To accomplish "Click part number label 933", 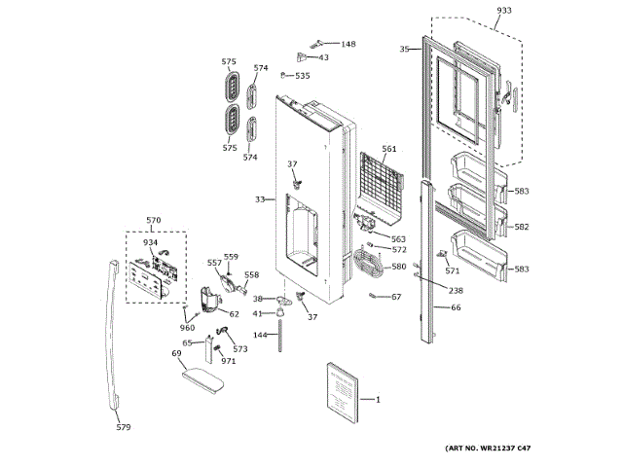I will coord(503,10).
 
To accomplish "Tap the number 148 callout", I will coord(348,44).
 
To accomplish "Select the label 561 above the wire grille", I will coord(389,149).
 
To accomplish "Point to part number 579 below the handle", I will coord(123,425).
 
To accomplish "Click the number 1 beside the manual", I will coord(378,400).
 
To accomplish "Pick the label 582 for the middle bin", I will coord(522,227).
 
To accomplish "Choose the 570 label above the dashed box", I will coord(153,221).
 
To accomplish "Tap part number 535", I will coord(303,75).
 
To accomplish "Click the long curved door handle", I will coord(115,331).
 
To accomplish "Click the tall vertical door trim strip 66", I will coord(426,263).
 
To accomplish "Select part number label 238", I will coord(456,291).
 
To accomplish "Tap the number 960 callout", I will coord(186,327).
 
